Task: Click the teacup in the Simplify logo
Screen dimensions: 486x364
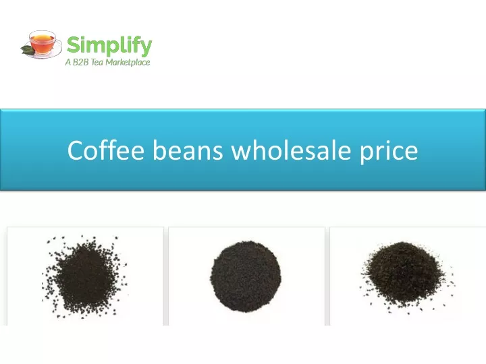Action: coord(43,42)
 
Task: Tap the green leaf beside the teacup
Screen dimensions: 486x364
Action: coord(27,50)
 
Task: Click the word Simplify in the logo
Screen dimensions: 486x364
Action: coord(109,46)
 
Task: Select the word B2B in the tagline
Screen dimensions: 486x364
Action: coord(80,62)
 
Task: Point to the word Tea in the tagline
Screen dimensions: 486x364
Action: coord(97,62)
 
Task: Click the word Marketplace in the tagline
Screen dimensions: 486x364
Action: coord(128,63)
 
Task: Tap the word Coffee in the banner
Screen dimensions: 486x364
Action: coord(106,150)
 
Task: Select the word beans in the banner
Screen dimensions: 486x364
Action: coord(188,150)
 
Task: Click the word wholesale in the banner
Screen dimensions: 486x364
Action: coord(292,150)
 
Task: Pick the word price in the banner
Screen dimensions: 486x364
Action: coord(389,152)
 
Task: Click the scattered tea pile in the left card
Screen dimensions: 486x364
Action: coord(84,276)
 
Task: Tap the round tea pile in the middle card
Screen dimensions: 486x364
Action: coord(246,276)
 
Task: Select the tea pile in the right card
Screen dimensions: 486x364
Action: coord(406,276)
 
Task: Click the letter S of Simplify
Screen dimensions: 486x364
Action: coord(74,45)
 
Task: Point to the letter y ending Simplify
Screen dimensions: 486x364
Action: coord(146,49)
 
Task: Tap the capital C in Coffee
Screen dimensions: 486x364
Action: coord(76,150)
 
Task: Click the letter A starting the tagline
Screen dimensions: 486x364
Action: coord(68,62)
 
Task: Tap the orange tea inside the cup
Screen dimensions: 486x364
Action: coord(43,38)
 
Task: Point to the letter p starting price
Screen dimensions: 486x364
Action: coord(366,154)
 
